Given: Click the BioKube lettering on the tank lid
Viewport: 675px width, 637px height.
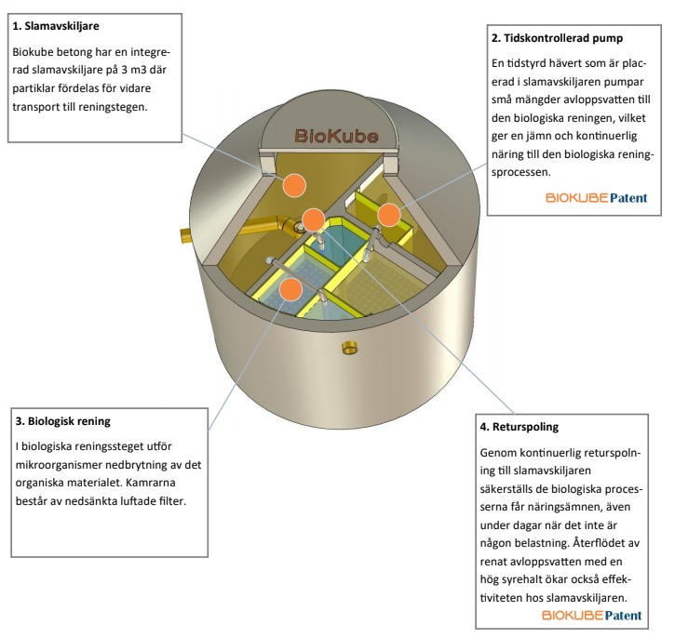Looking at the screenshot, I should tap(336, 136).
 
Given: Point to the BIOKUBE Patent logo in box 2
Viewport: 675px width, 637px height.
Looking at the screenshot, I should tap(596, 198).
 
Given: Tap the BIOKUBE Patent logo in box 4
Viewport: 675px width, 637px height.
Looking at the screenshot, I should tap(592, 616).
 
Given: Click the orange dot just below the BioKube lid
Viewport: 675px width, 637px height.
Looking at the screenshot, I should tap(294, 184).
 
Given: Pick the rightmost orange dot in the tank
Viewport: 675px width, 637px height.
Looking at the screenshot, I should tap(389, 215).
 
